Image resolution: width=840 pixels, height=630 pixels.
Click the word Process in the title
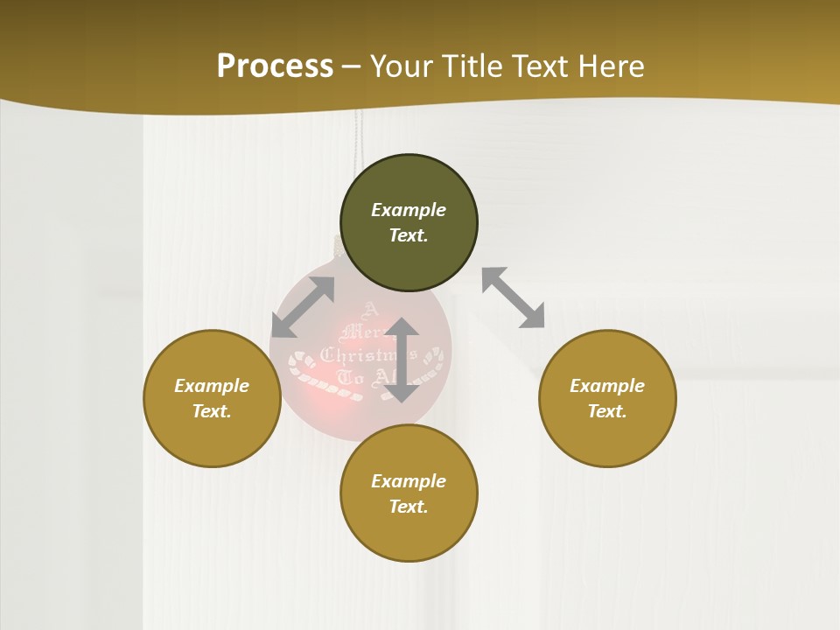point(275,66)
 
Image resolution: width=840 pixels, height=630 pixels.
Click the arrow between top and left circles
point(303,307)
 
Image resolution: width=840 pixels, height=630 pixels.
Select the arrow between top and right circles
point(513,297)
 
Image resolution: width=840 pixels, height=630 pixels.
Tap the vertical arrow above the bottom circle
point(402,360)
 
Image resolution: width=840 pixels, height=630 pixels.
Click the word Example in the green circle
point(409,210)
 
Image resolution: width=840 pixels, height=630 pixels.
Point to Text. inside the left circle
point(212,411)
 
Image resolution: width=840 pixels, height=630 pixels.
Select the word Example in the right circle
point(607,386)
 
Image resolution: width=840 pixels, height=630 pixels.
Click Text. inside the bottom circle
point(409,507)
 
